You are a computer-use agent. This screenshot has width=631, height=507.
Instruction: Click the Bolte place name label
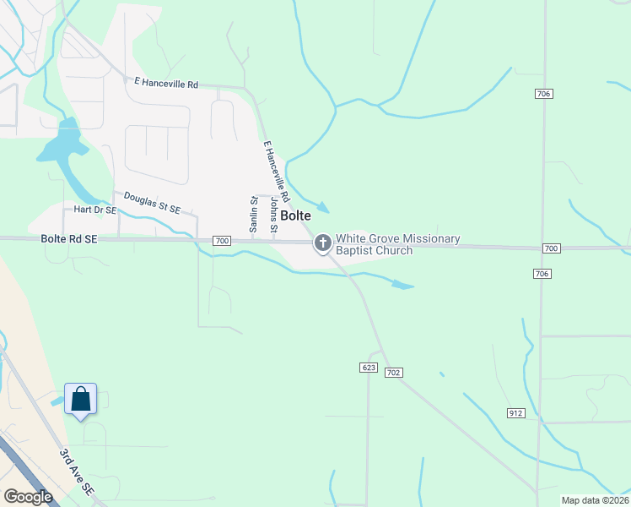tap(295, 216)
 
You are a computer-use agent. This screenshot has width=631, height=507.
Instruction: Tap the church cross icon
tap(322, 244)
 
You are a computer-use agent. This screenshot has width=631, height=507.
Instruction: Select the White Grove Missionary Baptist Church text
tap(397, 244)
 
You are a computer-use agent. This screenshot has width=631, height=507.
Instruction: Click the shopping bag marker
tap(80, 400)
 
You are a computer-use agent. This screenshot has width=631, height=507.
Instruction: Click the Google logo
tap(28, 497)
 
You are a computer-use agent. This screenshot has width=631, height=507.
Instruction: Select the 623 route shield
tap(368, 368)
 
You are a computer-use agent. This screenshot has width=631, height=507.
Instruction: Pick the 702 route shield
tap(393, 372)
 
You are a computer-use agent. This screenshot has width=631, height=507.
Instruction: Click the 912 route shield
tap(516, 412)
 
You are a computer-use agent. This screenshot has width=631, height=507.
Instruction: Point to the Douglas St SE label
tap(153, 202)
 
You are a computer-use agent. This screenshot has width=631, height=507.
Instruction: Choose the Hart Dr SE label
tap(94, 209)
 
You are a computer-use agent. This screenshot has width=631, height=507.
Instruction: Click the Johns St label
tap(273, 215)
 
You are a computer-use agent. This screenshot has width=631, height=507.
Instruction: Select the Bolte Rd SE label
tap(68, 240)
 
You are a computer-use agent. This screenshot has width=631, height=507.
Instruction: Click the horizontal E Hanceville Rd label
tap(166, 84)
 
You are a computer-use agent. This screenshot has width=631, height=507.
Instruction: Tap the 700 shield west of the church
tap(222, 241)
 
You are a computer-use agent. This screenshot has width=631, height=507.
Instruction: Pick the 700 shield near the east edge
tap(551, 248)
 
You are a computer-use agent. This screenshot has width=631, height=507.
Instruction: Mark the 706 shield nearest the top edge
tap(543, 93)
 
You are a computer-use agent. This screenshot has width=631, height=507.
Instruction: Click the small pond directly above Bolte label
tap(321, 207)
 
